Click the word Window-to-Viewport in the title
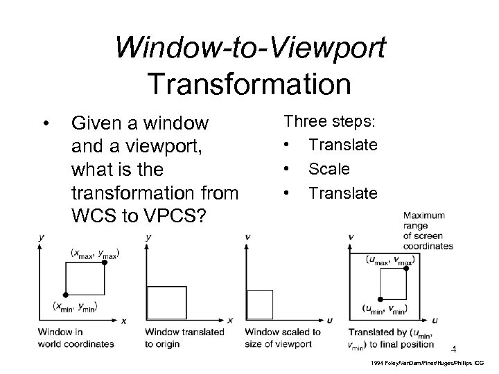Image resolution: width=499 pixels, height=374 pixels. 251,49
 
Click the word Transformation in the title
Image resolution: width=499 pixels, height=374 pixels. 249,84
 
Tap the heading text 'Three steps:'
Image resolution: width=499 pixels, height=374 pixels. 329,121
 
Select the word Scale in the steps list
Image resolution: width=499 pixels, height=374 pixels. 329,168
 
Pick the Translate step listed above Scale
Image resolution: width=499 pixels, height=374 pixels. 343,145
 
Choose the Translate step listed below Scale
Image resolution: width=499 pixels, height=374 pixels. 343,192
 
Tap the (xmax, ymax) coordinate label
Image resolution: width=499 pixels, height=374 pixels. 95,254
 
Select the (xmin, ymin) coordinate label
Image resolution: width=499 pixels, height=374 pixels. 76,306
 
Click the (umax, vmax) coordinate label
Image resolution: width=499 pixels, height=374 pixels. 389,260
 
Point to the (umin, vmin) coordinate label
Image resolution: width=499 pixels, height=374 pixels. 385,309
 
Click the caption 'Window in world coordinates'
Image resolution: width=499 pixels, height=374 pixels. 76,337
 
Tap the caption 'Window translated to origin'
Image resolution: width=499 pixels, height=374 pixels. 184,337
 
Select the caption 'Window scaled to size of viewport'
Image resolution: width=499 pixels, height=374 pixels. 283,337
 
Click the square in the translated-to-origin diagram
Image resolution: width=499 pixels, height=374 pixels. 167,303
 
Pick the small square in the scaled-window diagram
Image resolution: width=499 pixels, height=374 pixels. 260,305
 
